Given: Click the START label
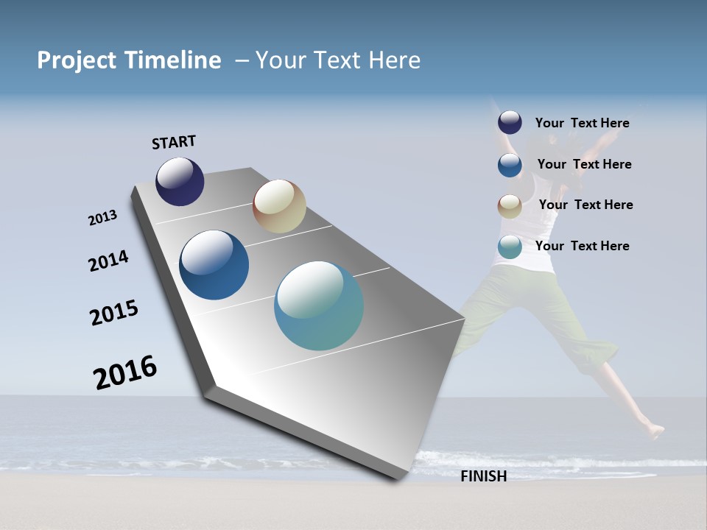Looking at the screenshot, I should pos(174,142).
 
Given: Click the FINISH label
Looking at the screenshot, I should pos(483,476).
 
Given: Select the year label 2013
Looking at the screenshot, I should pos(102,218).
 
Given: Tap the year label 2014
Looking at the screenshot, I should pos(108,261).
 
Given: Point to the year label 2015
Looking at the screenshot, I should pos(114,313).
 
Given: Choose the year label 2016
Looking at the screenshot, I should pos(125,372).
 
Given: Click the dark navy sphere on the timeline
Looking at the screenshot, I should pos(180,181).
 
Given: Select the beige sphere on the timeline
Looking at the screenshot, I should pos(279,206).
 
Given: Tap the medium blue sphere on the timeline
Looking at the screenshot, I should pos(214,265).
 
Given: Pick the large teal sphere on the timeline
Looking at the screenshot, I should pos(319,305).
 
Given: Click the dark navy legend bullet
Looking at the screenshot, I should pos(510,122).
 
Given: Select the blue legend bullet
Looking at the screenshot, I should pos(510,165).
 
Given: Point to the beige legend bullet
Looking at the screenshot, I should pos(510,206).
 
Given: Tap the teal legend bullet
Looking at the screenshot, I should pos(510,247).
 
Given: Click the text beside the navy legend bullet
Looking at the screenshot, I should pos(582,123).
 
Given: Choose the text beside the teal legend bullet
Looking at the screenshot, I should pos(582,246).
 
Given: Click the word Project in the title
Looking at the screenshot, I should pos(75,60).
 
